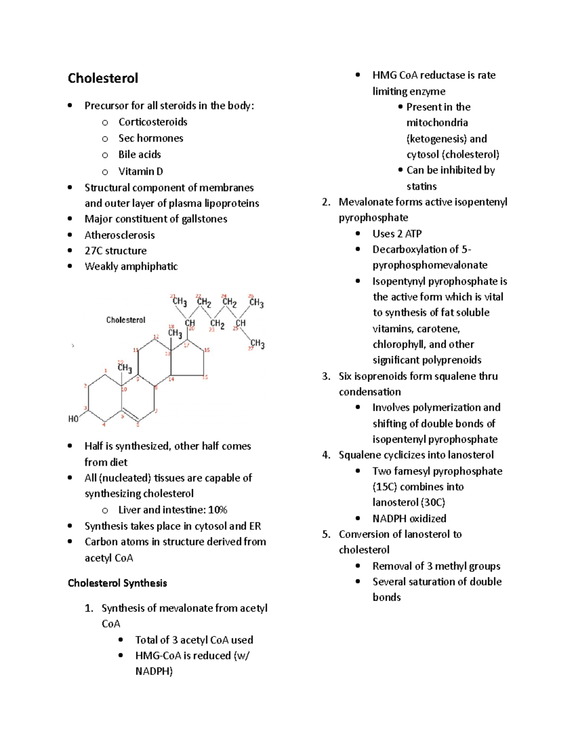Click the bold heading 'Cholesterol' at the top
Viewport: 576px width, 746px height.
103,78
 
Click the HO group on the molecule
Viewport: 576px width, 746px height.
73,419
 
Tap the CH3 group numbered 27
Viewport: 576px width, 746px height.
257,344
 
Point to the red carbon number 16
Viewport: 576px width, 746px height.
207,350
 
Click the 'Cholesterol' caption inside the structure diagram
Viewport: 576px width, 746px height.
126,320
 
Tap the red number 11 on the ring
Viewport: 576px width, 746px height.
136,350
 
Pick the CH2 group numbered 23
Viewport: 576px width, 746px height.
217,324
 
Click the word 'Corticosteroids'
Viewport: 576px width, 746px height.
153,122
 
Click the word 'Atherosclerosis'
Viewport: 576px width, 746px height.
120,235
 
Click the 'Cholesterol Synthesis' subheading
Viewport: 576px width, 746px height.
117,583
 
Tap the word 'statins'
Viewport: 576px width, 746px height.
421,186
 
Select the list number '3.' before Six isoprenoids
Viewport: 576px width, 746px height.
326,376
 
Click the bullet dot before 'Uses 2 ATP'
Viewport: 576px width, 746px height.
358,234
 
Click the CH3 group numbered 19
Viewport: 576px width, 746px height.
124,368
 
